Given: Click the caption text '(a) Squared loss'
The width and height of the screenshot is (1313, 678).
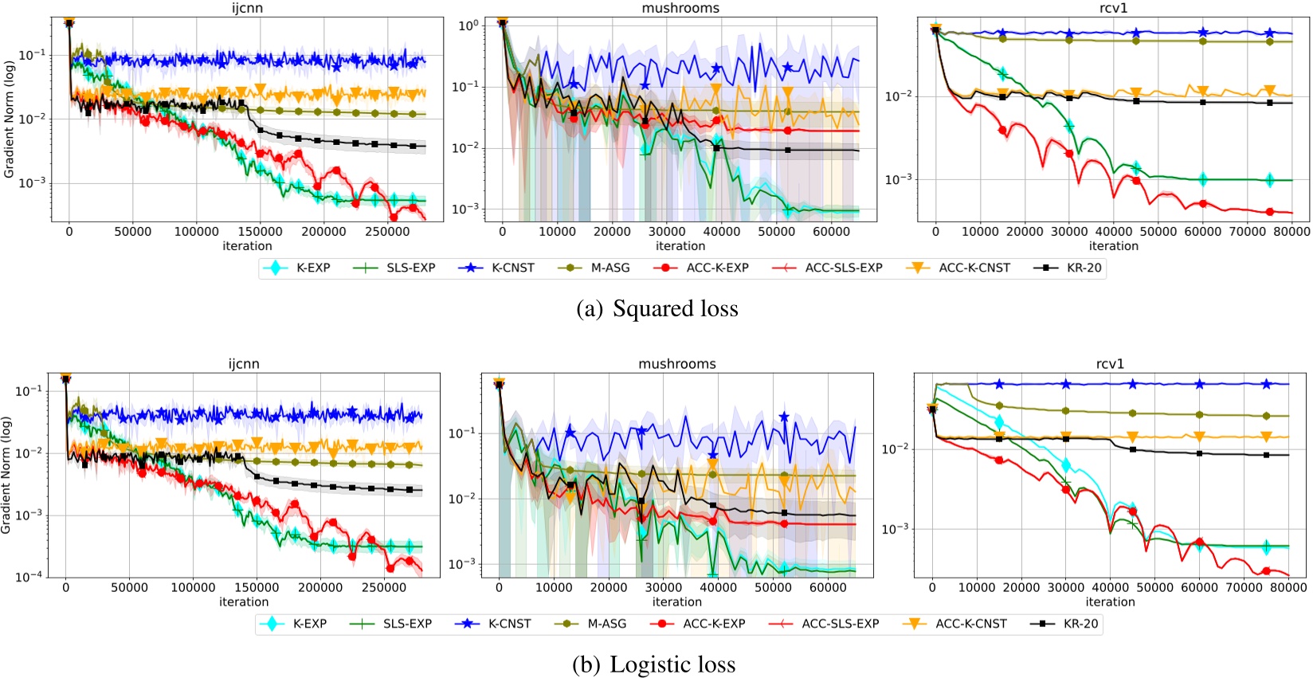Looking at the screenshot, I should tap(657, 309).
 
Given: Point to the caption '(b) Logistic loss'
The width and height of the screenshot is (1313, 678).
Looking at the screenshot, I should tap(654, 664).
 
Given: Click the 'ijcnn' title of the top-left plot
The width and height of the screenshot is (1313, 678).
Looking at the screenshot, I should tap(247, 8).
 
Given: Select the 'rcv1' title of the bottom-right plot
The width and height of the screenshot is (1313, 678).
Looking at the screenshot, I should tap(1110, 364).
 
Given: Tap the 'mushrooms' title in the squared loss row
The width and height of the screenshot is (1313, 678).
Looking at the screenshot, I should tap(680, 8).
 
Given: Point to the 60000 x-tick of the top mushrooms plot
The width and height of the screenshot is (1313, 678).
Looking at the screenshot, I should tap(831, 232).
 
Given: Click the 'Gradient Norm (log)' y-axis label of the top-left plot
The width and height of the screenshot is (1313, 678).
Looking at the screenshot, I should tap(10, 120).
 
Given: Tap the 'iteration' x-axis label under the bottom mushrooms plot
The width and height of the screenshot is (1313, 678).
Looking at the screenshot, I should tap(677, 602).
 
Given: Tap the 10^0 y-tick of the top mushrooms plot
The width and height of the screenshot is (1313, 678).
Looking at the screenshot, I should tap(468, 25).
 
